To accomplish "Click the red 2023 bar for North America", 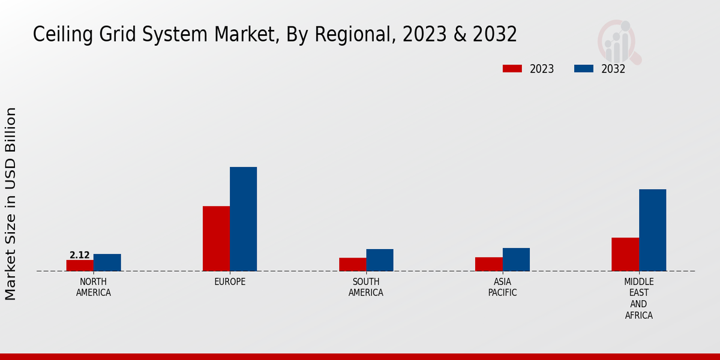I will [80, 265].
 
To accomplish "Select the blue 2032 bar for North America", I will [107, 262].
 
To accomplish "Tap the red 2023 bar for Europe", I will [216, 238].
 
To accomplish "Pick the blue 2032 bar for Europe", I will [243, 219].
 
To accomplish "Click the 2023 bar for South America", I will [352, 264].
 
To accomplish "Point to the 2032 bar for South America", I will [380, 260].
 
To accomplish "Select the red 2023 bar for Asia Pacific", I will [488, 264].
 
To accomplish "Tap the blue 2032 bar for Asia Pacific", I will [516, 259].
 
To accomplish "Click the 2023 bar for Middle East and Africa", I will [625, 254].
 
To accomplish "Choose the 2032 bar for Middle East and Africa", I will [652, 230].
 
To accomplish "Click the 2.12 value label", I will [80, 255].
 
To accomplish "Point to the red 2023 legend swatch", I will [512, 69].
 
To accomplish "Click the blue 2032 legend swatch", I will [584, 69].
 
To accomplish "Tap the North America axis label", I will [94, 287].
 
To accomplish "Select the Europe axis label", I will [230, 282].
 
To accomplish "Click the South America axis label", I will [366, 287].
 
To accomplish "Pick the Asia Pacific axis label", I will [502, 287].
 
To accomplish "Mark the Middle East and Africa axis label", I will [639, 298].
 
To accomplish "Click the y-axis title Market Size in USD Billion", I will [11, 204].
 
